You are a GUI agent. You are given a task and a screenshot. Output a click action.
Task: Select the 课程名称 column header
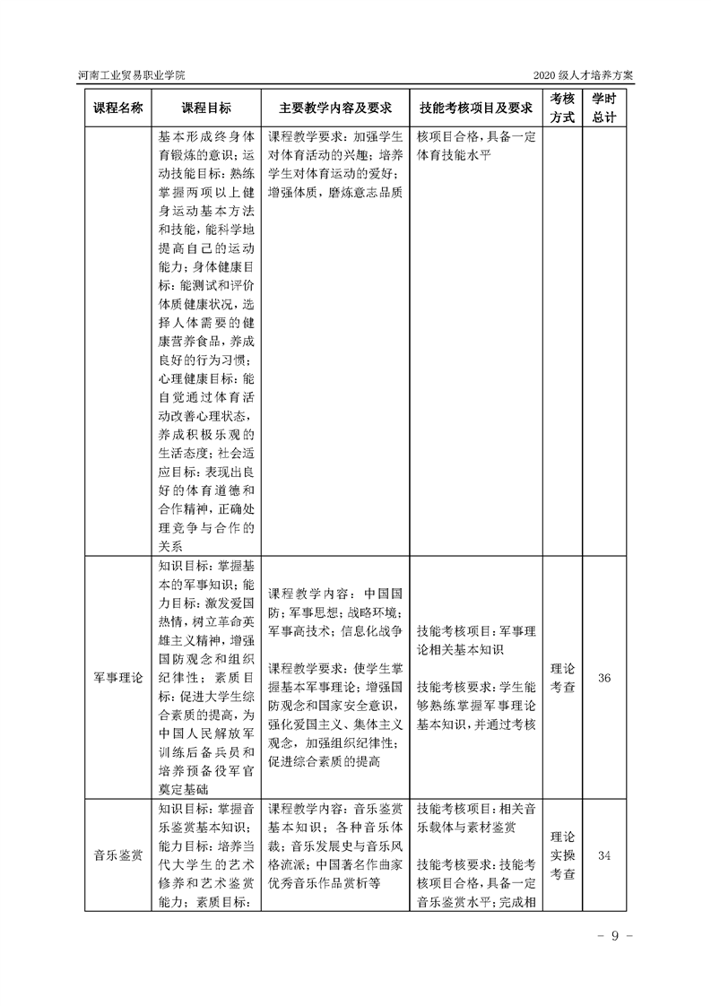pyautogui.click(x=118, y=108)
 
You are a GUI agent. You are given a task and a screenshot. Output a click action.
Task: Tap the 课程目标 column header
pyautogui.click(x=206, y=108)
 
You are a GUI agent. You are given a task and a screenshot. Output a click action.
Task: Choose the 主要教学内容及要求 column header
pyautogui.click(x=335, y=108)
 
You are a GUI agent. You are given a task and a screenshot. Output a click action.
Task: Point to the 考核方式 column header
pyautogui.click(x=562, y=108)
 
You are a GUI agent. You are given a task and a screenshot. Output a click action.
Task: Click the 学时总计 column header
pyautogui.click(x=604, y=108)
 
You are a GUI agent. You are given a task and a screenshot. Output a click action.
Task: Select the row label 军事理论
pyautogui.click(x=118, y=678)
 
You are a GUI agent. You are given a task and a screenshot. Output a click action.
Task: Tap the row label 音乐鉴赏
pyautogui.click(x=118, y=855)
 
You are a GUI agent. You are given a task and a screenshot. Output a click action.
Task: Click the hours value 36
pyautogui.click(x=604, y=678)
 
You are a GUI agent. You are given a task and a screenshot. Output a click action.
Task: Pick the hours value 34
pyautogui.click(x=604, y=855)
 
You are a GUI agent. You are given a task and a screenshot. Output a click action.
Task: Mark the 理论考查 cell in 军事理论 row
pyautogui.click(x=562, y=678)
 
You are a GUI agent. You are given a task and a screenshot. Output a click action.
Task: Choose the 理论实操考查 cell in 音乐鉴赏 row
pyautogui.click(x=562, y=855)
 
